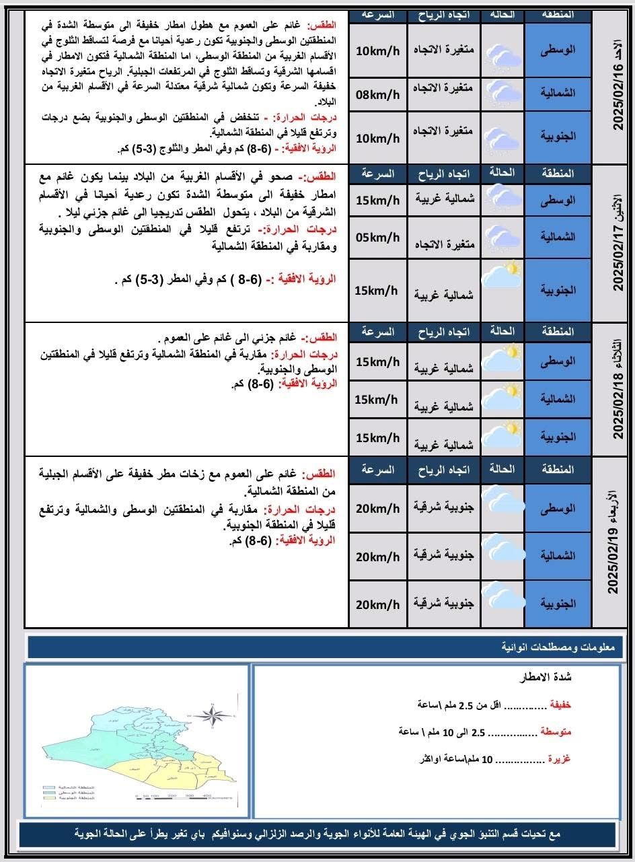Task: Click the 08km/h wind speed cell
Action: (x=377, y=95)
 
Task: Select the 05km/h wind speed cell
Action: (x=377, y=238)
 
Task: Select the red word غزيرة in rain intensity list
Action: (x=559, y=758)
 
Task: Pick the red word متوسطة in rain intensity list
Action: (x=556, y=731)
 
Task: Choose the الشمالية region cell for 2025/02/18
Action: (x=558, y=399)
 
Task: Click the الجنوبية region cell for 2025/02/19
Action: (x=558, y=604)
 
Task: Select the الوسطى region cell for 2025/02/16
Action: (x=558, y=50)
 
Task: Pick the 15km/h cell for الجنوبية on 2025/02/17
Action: (x=377, y=291)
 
